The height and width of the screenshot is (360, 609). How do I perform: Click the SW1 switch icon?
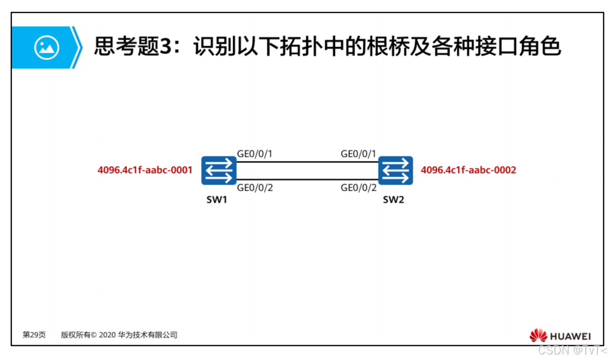click(x=219, y=170)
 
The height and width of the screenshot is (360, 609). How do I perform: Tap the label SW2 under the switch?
click(x=393, y=199)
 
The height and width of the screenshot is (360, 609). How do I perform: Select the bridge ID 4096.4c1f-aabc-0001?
click(x=145, y=170)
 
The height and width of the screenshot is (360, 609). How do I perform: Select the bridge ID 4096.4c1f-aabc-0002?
click(x=468, y=170)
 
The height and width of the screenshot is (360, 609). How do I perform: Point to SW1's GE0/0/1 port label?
click(x=255, y=154)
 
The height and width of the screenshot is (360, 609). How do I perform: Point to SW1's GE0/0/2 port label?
click(x=255, y=188)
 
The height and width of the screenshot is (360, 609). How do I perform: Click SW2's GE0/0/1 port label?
click(x=359, y=154)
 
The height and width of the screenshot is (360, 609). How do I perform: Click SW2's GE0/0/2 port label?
click(x=359, y=188)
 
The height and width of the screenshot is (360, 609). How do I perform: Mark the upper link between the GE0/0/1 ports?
click(x=307, y=162)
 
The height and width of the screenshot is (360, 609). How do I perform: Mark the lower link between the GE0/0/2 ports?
click(x=307, y=179)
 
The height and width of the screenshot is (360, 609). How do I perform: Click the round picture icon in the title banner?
click(x=47, y=48)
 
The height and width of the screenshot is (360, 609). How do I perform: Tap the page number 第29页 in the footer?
click(x=34, y=335)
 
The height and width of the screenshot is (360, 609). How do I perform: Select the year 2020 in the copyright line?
click(x=108, y=335)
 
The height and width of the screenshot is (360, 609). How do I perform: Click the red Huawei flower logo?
click(x=538, y=336)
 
